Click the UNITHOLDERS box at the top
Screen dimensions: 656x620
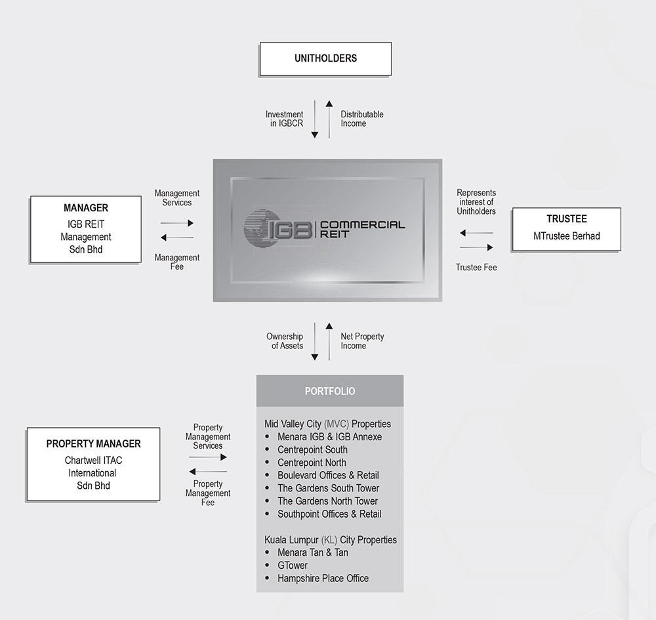[x=325, y=58]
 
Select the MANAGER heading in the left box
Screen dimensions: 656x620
[x=86, y=208]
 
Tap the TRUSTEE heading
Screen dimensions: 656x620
[x=567, y=218]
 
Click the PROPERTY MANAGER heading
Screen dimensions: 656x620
[x=93, y=444]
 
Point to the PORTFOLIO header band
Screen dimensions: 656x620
[x=330, y=391]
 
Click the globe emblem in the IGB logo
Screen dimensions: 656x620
[x=256, y=228]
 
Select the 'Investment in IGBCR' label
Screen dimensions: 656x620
[x=285, y=119]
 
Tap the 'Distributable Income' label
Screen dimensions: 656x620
[x=362, y=119]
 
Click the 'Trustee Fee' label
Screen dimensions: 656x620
[x=476, y=267]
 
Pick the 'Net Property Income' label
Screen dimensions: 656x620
[x=362, y=341]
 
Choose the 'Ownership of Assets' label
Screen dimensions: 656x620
[x=285, y=341]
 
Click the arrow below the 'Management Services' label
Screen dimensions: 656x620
[x=177, y=223]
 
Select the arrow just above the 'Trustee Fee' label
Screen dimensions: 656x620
[x=476, y=247]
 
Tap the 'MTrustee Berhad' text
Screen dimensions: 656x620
[x=567, y=236]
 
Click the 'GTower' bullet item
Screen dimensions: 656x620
[x=293, y=566]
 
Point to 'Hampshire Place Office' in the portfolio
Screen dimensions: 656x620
[x=323, y=579]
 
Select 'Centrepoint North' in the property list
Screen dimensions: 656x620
[x=312, y=463]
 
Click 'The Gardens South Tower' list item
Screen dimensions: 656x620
[x=328, y=488]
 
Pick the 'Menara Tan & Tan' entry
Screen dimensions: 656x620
[x=312, y=552]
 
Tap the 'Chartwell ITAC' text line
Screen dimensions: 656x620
[x=93, y=460]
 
